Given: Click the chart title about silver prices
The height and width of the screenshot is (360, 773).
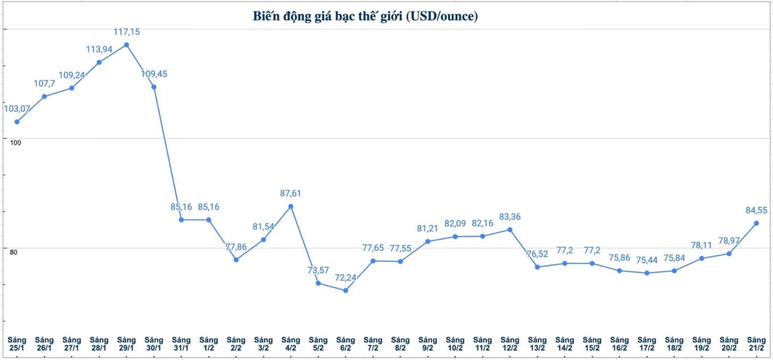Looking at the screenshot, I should pos(365,16).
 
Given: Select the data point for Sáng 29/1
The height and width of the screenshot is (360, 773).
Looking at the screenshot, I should pos(127,45).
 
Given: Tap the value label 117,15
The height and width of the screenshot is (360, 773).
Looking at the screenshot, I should pos(127,32).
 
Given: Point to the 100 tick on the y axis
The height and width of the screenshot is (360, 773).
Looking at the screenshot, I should pos(15,143).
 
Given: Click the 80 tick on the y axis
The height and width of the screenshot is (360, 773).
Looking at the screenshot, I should pos(13,252).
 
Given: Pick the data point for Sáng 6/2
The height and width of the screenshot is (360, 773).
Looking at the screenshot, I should pos(345,290).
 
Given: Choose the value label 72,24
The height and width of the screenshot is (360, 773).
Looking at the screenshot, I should pos(345,278).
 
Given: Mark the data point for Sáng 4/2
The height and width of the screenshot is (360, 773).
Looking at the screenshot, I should pos(291,206).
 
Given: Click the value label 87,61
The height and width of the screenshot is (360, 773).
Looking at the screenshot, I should pos(290,193).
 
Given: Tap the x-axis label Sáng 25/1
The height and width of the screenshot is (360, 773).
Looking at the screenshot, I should pos(17,344).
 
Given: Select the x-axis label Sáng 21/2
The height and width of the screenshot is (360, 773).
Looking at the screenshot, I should pos(756,344).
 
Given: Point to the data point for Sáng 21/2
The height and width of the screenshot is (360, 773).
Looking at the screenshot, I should pos(757,223).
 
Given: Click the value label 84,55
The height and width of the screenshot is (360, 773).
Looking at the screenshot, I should pos(756,210).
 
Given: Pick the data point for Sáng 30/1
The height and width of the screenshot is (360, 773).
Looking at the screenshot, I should pos(154,87).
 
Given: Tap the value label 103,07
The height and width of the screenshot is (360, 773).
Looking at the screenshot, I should pos(17,109).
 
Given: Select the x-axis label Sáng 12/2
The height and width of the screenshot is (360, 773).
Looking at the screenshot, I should pos(510,344).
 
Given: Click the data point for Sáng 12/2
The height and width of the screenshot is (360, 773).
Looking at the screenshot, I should pos(510,230).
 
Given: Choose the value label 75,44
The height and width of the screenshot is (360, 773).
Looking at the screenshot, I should pos(646,260).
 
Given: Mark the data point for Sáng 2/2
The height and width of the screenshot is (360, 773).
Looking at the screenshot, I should pos(236,259).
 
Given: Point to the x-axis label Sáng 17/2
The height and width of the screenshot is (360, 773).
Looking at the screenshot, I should pos(646,344).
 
